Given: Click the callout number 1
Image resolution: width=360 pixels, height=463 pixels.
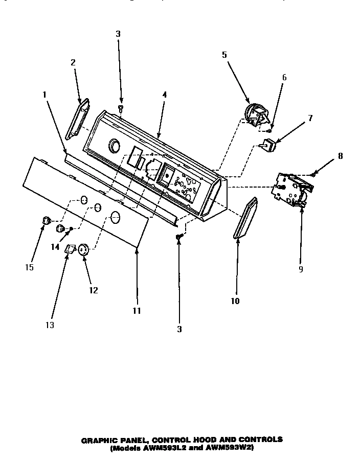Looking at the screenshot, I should [44, 95].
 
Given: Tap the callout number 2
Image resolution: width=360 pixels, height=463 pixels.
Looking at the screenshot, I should [73, 62].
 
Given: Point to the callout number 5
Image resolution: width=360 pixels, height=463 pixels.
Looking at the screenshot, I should [224, 55].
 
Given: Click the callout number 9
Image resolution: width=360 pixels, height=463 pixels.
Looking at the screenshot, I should [301, 269].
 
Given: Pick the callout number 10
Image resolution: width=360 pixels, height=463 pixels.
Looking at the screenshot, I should [235, 301].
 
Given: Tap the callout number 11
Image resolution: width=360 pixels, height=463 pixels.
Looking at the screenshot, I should [137, 310].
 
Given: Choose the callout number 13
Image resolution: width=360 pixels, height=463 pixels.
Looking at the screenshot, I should [50, 325].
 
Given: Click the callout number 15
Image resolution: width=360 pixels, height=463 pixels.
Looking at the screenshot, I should [30, 267].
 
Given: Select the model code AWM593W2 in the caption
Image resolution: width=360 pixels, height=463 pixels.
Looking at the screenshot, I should [232, 448].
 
